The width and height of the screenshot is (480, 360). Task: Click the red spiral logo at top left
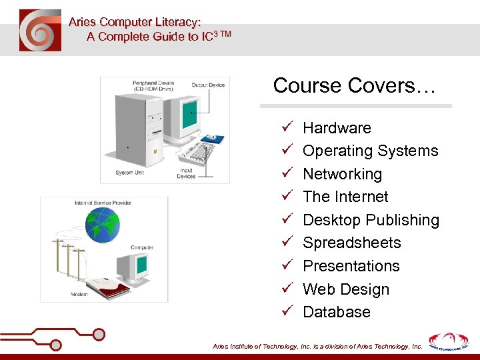coord(40,30)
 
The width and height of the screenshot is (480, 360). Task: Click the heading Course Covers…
coord(354,86)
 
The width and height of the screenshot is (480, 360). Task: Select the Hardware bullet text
coord(337,128)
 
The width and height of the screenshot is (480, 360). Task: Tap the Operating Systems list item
coord(370,151)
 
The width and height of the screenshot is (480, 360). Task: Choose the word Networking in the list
coord(342,174)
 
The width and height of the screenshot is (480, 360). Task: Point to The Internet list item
coord(345,197)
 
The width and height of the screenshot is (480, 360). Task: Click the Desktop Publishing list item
coord(371,220)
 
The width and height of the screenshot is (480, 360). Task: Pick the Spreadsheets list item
coord(351,243)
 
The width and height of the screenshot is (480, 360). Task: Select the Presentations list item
coord(351,266)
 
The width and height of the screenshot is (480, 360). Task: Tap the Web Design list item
coord(345,289)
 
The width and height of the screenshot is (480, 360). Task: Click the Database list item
coord(336,312)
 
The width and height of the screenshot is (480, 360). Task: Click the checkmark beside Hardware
coord(286,127)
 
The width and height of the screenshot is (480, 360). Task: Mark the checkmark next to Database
coord(286,311)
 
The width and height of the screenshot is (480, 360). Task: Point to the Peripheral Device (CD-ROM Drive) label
coord(153,87)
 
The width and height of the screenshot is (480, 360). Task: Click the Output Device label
coord(208,85)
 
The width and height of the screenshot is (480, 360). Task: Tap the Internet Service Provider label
coord(103,203)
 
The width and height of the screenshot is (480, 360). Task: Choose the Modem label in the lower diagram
coord(79,294)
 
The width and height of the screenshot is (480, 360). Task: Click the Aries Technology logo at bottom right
coord(448,341)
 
